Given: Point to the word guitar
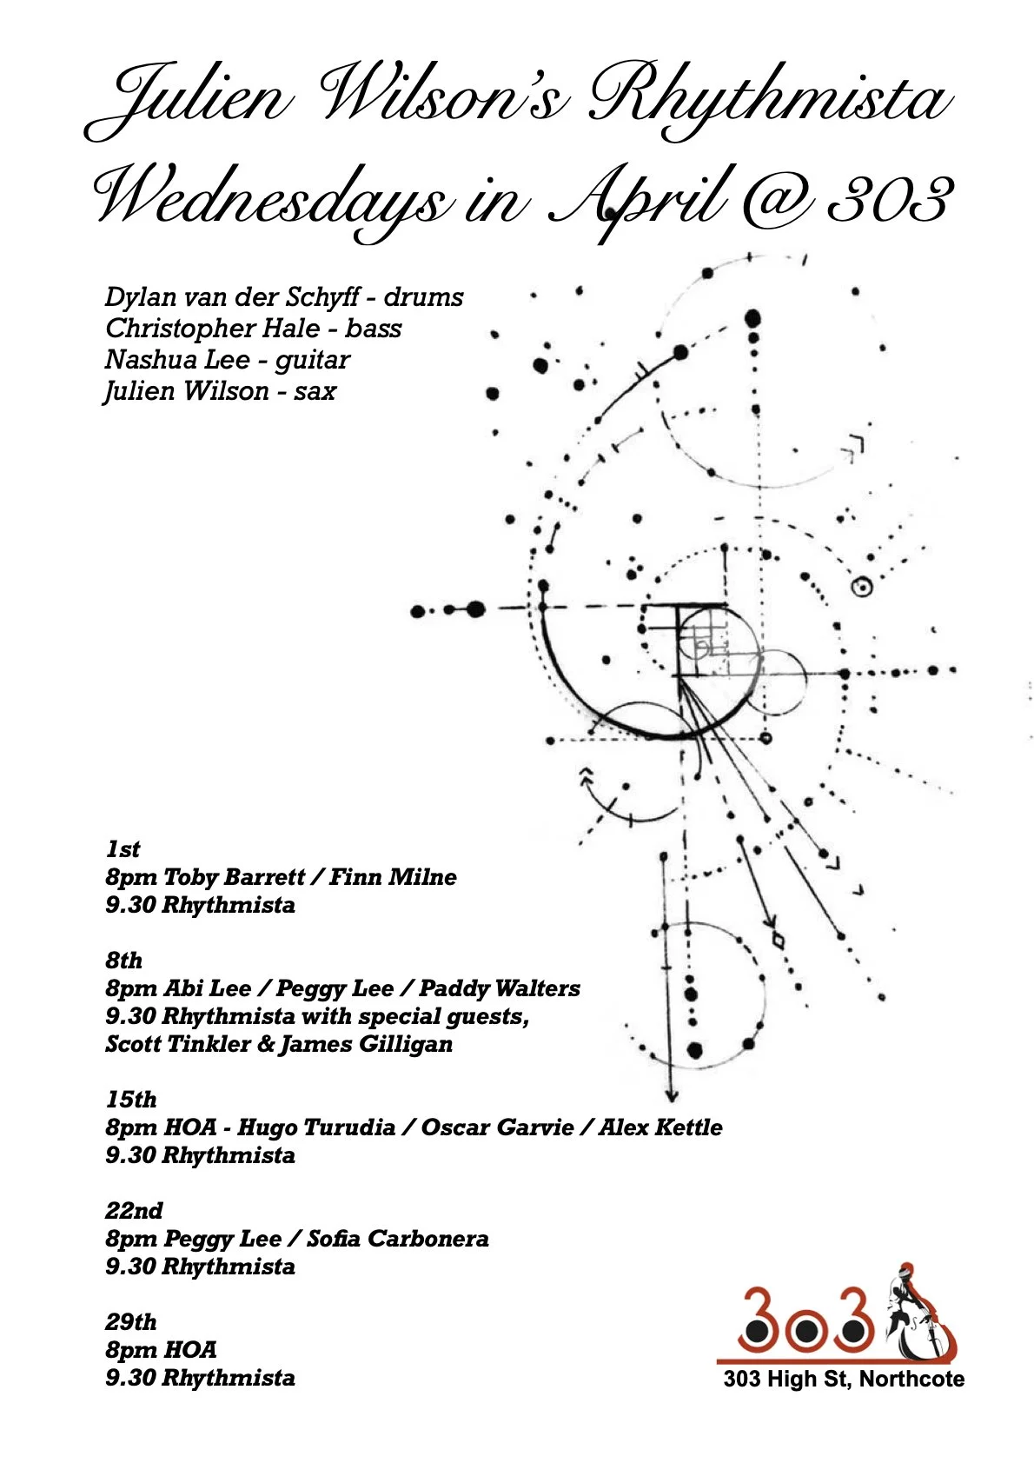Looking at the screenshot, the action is click(x=313, y=360).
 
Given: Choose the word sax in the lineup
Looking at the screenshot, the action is click(x=315, y=391).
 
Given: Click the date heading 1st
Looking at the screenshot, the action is click(x=123, y=849).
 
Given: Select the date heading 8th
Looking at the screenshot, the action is click(x=124, y=961).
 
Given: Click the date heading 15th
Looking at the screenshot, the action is click(x=131, y=1100).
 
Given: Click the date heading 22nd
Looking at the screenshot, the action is click(x=134, y=1211).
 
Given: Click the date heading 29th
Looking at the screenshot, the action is click(x=131, y=1322).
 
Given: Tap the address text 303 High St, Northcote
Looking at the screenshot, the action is click(x=844, y=1380).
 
